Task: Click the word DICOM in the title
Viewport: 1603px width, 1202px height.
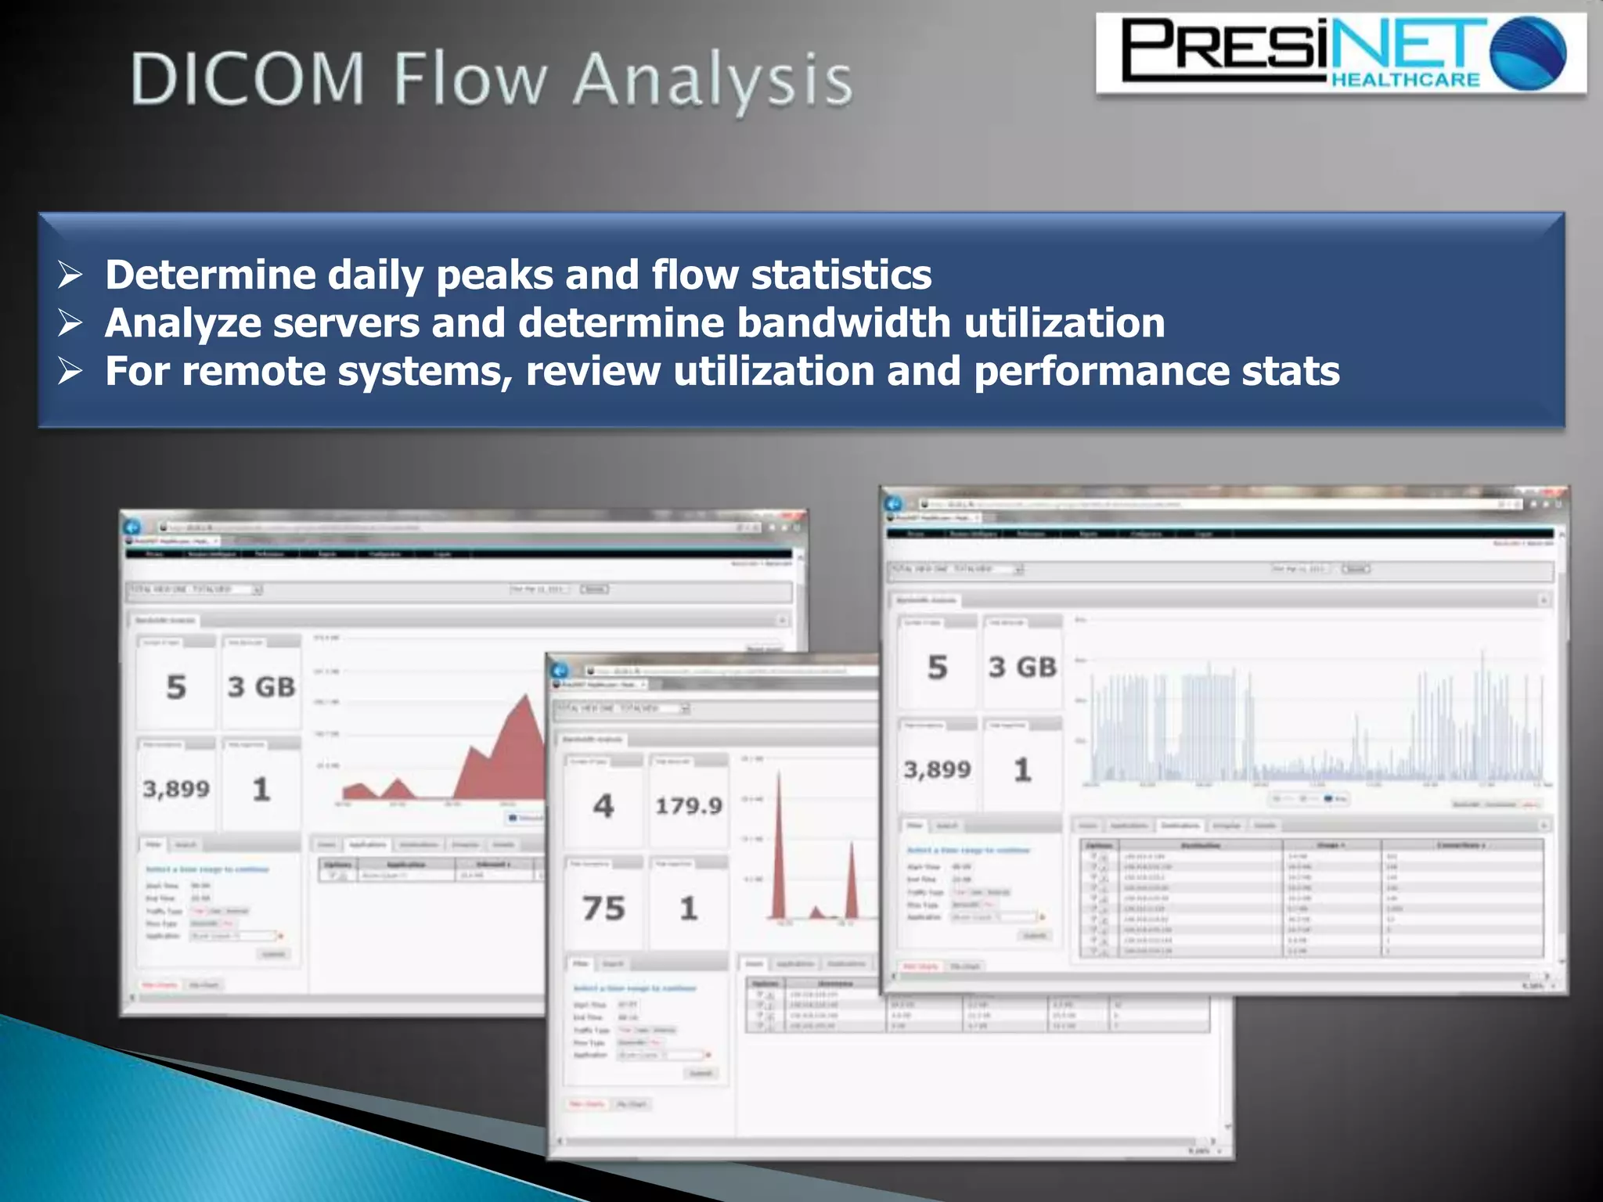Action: (247, 79)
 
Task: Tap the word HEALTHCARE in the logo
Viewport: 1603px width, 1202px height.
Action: (1405, 79)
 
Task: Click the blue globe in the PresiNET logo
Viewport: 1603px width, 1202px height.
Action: (1528, 53)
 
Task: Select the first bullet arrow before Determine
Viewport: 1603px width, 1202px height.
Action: (70, 275)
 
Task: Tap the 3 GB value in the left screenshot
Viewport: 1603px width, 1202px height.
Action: (261, 687)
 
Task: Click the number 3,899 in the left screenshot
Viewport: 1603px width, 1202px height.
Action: (176, 789)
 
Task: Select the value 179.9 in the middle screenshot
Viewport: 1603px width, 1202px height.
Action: (689, 806)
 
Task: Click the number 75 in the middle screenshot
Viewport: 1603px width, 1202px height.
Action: (603, 909)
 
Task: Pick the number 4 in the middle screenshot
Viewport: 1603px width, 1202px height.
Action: (603, 806)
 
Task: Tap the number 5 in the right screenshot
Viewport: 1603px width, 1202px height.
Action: (938, 668)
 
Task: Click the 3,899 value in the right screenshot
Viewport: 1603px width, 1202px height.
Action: (938, 770)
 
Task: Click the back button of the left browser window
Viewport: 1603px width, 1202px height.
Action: (132, 527)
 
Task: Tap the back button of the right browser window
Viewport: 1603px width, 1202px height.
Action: (894, 504)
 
